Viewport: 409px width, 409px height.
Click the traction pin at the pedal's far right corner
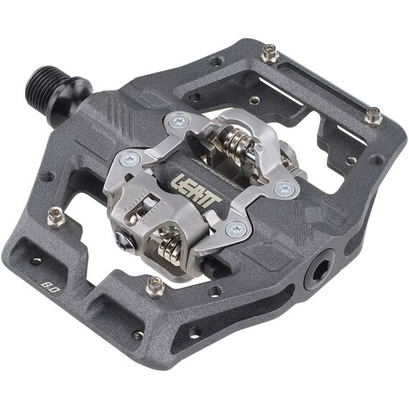tap(372, 115)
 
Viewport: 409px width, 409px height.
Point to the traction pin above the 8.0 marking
tap(56, 215)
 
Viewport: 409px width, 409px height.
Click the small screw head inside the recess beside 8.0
tap(37, 262)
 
